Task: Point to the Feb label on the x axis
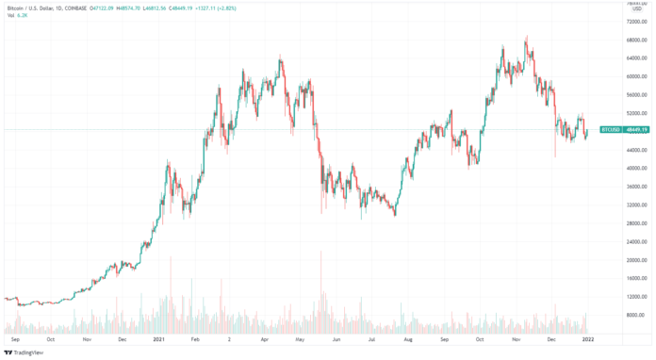[193, 337]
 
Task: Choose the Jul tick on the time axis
[373, 337]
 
